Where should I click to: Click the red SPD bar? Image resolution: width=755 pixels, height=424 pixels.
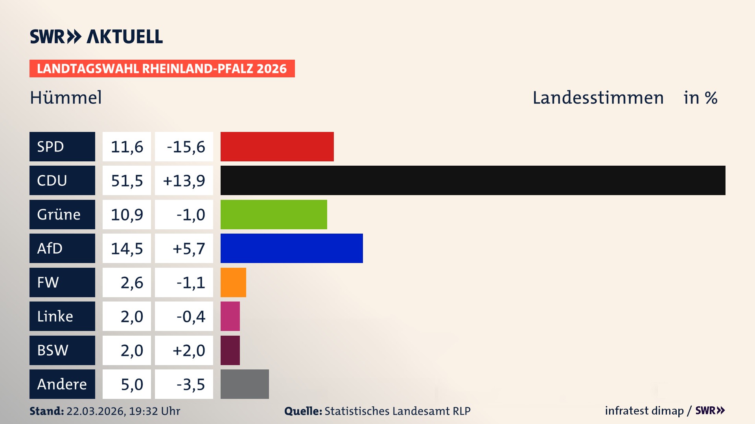tap(277, 146)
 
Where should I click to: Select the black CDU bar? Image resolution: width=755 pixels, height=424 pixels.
tap(473, 180)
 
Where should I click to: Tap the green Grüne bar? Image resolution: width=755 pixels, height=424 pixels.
tap(274, 214)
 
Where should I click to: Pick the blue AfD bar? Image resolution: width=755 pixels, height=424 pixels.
tap(291, 248)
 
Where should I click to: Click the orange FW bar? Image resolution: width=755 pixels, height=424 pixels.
tap(233, 282)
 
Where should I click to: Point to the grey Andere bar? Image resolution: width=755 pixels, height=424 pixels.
tap(245, 384)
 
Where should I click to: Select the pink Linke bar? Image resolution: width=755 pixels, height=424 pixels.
tap(230, 316)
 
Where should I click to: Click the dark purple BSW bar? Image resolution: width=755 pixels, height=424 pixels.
tap(230, 350)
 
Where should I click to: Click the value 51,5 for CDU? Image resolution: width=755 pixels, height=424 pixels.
tap(127, 181)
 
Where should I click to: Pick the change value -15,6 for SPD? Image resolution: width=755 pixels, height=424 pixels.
tap(186, 147)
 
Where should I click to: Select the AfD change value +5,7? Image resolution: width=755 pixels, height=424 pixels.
tap(189, 249)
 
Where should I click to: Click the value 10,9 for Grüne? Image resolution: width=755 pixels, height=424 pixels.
tap(127, 215)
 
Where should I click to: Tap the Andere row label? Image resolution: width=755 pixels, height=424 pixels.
tap(62, 384)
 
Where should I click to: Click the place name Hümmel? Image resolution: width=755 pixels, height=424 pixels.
tap(66, 97)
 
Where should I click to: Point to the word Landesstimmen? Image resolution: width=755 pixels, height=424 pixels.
tap(598, 97)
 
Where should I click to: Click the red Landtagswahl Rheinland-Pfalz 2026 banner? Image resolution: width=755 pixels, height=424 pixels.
tap(162, 68)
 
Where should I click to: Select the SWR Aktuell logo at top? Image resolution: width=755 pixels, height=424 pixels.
tap(96, 37)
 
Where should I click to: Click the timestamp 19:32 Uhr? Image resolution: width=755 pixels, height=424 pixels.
tap(154, 411)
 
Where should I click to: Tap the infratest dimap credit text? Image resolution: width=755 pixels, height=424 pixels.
tap(644, 411)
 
